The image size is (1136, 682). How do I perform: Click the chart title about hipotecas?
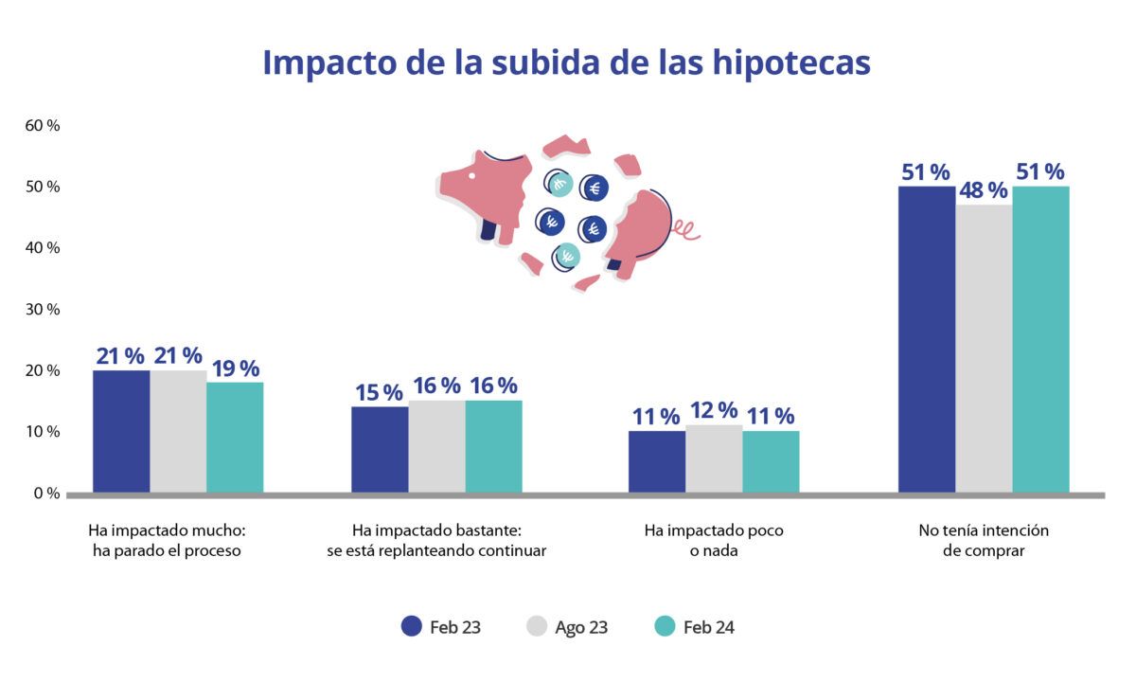pyautogui.click(x=566, y=63)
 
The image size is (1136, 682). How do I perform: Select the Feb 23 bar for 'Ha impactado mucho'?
pyautogui.click(x=121, y=431)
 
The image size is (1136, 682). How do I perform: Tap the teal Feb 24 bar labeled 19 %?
pyautogui.click(x=235, y=438)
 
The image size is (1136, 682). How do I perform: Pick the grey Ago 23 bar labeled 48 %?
pyautogui.click(x=984, y=349)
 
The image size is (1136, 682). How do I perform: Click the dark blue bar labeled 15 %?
pyautogui.click(x=380, y=449)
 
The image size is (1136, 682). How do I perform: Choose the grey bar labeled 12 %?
pyautogui.click(x=714, y=458)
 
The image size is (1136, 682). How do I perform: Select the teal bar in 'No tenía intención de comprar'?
pyautogui.click(x=1040, y=339)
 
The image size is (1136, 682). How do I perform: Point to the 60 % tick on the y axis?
pyautogui.click(x=42, y=125)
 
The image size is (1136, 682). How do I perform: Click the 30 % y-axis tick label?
pyautogui.click(x=42, y=309)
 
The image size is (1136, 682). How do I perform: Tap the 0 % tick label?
pyautogui.click(x=46, y=494)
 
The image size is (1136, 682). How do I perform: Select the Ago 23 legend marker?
pyautogui.click(x=536, y=627)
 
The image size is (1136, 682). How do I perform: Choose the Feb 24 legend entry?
pyautogui.click(x=695, y=627)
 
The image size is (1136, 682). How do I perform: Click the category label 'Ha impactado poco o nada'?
pyautogui.click(x=714, y=540)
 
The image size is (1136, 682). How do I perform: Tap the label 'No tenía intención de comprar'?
pyautogui.click(x=984, y=540)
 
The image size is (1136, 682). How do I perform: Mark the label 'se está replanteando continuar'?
pyautogui.click(x=436, y=550)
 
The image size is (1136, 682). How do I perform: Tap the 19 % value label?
pyautogui.click(x=236, y=368)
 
